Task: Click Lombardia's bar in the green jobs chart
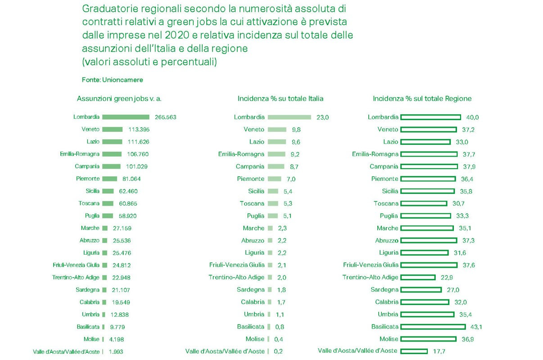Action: click(126, 117)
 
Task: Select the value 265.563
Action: click(165, 117)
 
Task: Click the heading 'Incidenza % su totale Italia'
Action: click(280, 99)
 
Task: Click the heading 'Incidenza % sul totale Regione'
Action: click(422, 99)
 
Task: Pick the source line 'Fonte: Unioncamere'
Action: click(113, 80)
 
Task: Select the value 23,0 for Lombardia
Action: click(323, 117)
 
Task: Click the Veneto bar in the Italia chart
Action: click(277, 130)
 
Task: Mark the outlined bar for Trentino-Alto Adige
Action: click(417, 277)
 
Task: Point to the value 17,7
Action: click(439, 351)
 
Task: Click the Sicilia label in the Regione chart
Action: click(390, 191)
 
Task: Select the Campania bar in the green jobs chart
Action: click(111, 166)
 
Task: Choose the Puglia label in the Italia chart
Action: click(256, 216)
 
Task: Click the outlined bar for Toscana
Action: click(423, 203)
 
